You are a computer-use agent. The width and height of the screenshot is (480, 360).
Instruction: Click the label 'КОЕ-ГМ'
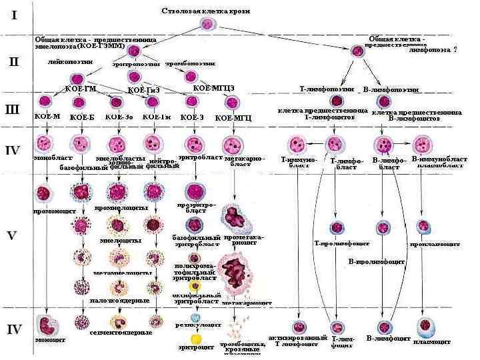[x=79, y=89]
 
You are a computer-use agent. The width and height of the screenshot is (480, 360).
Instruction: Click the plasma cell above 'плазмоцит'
[x=426, y=326]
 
